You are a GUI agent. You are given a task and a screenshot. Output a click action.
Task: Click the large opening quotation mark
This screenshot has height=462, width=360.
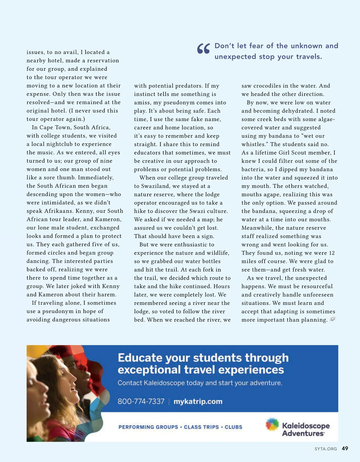203,49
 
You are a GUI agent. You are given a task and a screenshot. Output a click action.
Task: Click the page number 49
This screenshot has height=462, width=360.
345,449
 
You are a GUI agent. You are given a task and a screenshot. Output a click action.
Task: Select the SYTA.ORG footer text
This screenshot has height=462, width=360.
325,449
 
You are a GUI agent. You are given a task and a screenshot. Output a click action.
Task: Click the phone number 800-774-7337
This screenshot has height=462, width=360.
141,401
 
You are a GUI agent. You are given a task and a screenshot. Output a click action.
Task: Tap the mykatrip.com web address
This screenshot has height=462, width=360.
198,401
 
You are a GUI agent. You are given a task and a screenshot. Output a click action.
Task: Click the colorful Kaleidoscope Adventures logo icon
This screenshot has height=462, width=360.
272,425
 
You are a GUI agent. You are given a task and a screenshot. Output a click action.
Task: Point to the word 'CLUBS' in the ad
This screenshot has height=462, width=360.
233,427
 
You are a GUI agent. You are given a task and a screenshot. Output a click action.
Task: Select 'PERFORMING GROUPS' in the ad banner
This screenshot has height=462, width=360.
148,427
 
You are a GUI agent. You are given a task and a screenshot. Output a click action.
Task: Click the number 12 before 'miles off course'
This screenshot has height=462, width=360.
331,253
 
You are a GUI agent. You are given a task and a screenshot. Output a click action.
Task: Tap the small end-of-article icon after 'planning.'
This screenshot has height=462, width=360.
332,319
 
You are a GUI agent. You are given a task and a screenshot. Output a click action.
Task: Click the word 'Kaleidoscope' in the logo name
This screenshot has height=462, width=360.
306,426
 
